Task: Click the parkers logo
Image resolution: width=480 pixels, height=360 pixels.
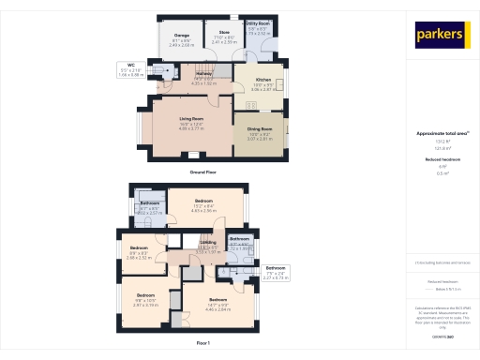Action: point(440,35)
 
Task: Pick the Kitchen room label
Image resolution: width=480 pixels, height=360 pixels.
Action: point(263,80)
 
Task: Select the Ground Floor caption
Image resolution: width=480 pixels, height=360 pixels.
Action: point(204,172)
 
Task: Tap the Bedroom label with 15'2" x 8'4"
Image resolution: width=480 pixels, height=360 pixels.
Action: point(204,202)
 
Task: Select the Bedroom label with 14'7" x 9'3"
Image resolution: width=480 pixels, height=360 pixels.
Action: point(218,299)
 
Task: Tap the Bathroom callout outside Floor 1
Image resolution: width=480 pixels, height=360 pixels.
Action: point(276,267)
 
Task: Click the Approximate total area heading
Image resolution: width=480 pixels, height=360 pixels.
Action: point(439,133)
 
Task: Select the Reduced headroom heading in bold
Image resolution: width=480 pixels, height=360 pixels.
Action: point(439,159)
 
